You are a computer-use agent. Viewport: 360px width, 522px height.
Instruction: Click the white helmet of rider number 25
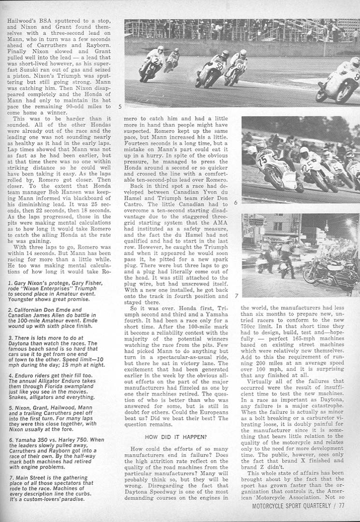[x=304, y=153]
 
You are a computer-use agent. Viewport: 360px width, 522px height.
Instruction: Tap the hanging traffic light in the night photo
[x=326, y=227]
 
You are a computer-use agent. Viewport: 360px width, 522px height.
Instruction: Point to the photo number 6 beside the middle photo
[x=235, y=203]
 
